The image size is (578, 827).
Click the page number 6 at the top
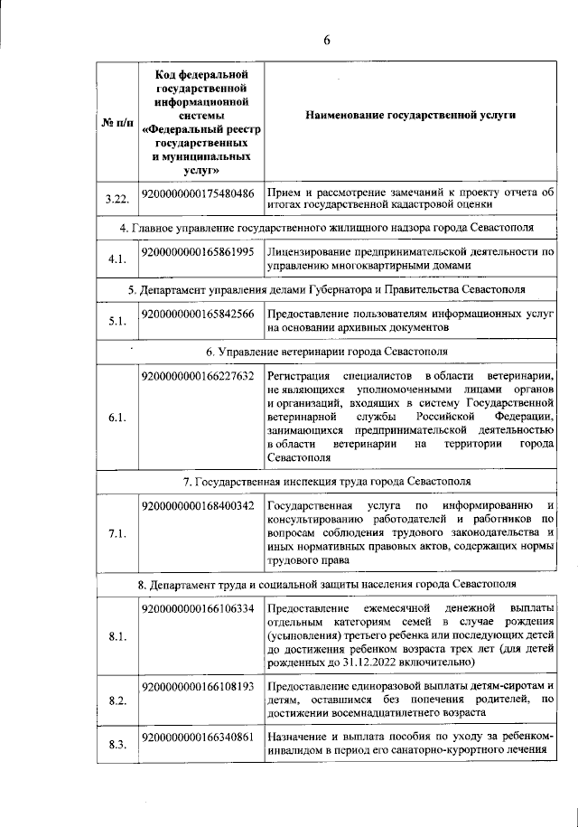(328, 38)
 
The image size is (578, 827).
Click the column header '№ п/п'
(116, 122)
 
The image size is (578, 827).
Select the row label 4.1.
(116, 258)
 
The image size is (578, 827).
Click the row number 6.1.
(116, 418)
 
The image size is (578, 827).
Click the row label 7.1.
(116, 534)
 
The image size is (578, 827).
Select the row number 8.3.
(116, 745)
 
